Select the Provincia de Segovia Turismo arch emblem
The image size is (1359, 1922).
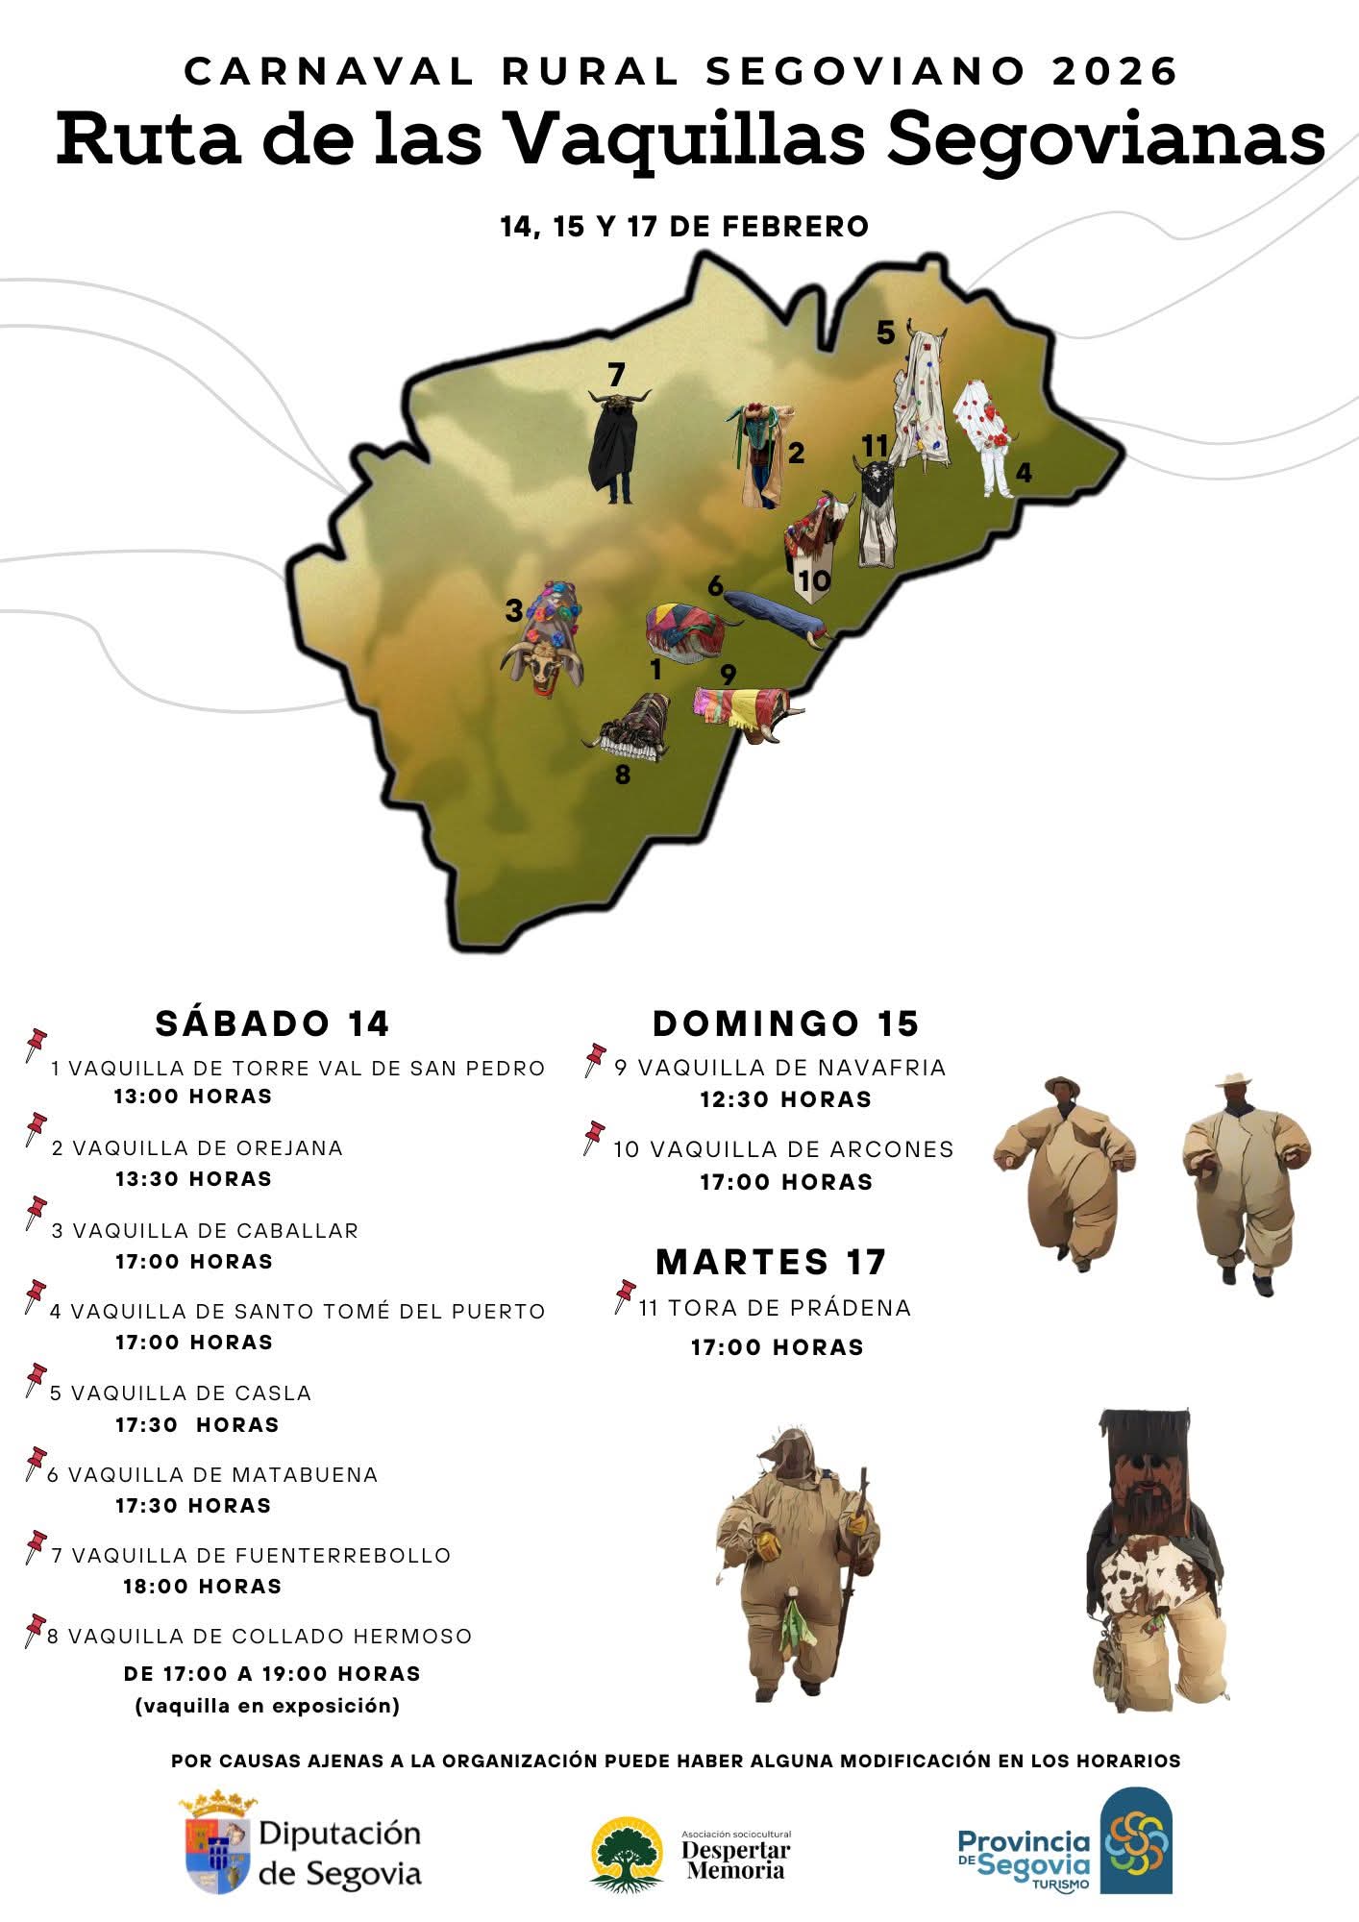(1135, 1840)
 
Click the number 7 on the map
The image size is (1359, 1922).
(616, 374)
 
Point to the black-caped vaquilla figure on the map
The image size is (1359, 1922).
(615, 447)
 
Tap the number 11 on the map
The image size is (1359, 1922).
(875, 446)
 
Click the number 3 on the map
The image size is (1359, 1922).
(514, 610)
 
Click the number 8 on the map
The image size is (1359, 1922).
(623, 775)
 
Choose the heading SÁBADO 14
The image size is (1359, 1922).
(272, 1023)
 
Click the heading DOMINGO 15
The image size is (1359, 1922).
(785, 1023)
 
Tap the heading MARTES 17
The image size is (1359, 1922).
(771, 1261)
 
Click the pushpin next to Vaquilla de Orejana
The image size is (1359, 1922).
(36, 1127)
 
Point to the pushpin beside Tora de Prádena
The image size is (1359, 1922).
(625, 1294)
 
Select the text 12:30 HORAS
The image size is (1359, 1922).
(785, 1099)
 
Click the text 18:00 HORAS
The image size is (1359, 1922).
(202, 1587)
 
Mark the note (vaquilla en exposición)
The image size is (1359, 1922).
(267, 1706)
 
